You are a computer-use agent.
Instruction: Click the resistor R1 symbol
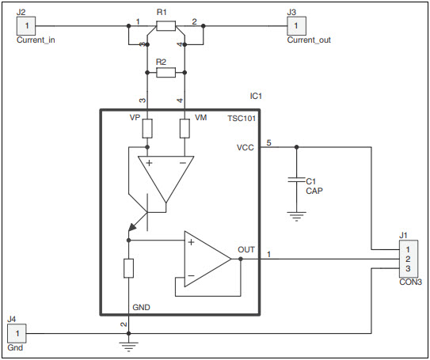[166, 26]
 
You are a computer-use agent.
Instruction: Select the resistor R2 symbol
[166, 73]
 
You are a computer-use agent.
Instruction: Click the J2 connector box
[27, 26]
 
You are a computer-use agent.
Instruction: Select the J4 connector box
[17, 333]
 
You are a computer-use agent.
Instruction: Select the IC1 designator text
[255, 96]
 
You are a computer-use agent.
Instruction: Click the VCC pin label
[245, 148]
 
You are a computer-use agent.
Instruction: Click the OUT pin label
[246, 250]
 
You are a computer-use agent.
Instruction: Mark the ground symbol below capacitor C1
[296, 214]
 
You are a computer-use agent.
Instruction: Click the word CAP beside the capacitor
[314, 191]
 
